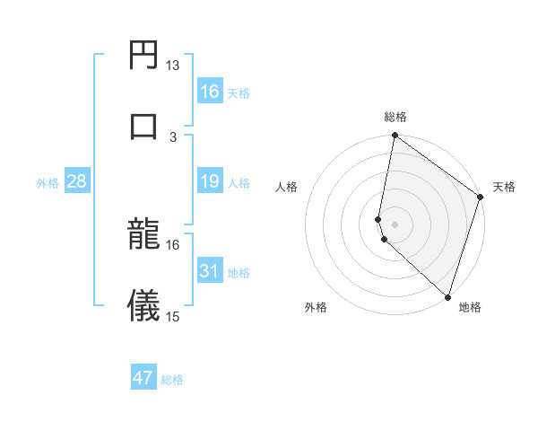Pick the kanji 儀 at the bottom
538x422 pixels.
[x=144, y=306]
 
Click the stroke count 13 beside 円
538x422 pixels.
[x=173, y=65]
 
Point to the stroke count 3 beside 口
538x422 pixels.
[x=173, y=136]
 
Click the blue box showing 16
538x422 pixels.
[x=210, y=92]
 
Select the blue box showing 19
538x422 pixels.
[x=210, y=182]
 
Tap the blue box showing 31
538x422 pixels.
[x=210, y=271]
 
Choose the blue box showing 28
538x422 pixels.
[x=77, y=182]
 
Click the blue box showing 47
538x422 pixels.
[x=143, y=378]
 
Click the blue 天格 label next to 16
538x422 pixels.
[x=239, y=92]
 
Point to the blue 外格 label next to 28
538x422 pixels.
[x=48, y=183]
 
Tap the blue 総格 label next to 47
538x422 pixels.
[x=172, y=379]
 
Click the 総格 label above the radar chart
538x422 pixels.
[x=395, y=117]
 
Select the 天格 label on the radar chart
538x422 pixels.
[x=504, y=187]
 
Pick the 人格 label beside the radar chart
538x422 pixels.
[x=287, y=187]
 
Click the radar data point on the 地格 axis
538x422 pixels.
[x=448, y=296]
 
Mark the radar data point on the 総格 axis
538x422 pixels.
[x=395, y=136]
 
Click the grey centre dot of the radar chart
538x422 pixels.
[x=395, y=223]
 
